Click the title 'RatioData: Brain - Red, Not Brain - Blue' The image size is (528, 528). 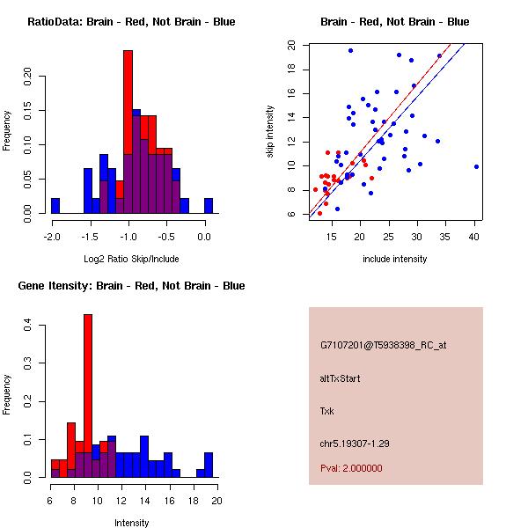point(131,22)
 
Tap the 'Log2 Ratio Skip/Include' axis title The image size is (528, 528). point(131,259)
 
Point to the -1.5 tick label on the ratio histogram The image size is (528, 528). point(90,237)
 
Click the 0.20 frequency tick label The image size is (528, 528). point(27,77)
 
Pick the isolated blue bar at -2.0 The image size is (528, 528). point(55,206)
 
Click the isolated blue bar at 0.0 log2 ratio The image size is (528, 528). point(209,206)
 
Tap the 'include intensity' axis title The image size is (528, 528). point(394,259)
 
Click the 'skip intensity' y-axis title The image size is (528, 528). point(270,131)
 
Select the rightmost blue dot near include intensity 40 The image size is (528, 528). point(476,166)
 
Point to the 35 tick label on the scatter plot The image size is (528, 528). point(444,237)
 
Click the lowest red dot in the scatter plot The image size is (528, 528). point(319,214)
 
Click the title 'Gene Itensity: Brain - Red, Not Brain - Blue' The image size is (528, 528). point(131,286)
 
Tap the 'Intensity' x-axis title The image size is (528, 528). point(131,523)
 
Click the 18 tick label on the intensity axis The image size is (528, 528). point(194,501)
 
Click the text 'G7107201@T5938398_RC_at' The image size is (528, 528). point(383,346)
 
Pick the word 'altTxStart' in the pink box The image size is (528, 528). point(340,378)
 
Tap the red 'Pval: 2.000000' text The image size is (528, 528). point(351,468)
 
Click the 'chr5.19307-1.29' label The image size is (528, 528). point(355,444)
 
